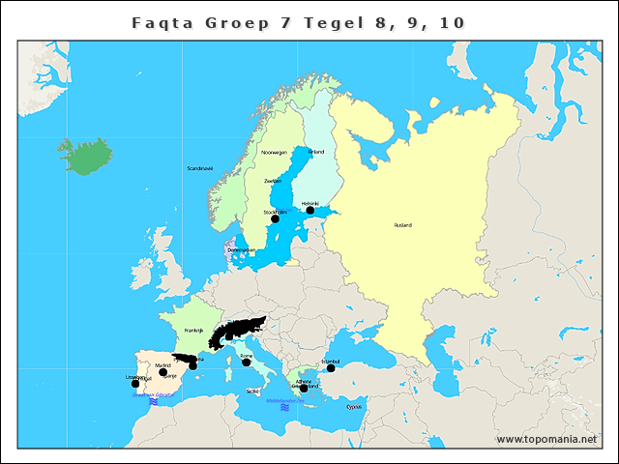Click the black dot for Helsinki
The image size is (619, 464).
[x=310, y=210]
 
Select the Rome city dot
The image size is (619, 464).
[x=246, y=362]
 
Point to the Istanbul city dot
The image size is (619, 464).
[x=331, y=368]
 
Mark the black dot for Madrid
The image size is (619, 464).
[x=163, y=372]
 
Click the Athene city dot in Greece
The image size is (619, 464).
[x=304, y=389]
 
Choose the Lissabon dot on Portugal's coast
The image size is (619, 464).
[x=135, y=384]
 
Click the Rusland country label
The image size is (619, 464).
[x=402, y=225]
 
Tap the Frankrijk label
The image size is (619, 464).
[x=194, y=331]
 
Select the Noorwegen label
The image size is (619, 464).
[x=275, y=153]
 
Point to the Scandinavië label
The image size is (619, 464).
[x=200, y=168]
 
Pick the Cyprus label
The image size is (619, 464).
[x=354, y=407]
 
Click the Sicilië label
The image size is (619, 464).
[x=252, y=391]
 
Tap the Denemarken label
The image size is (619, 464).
[x=241, y=250]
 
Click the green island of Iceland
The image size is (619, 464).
[x=84, y=152]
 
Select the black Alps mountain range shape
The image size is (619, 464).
[x=237, y=331]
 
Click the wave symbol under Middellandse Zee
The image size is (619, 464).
[x=285, y=407]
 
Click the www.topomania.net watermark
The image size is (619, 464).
[x=553, y=440]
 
